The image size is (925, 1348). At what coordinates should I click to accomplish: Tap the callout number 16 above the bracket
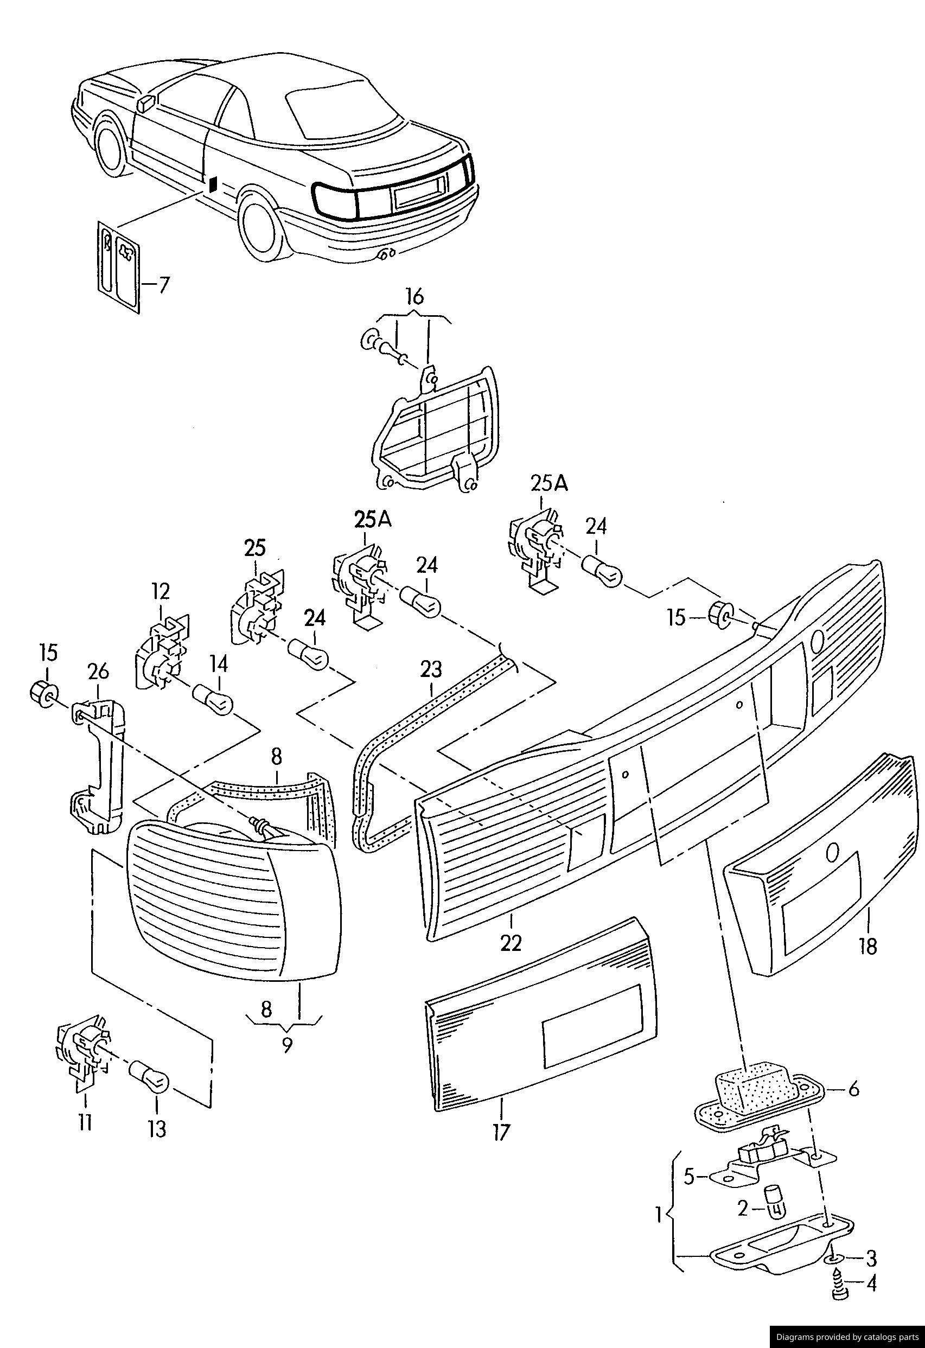[414, 296]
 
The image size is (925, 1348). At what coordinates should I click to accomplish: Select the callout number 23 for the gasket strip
[431, 669]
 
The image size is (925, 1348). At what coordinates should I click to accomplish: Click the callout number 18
[869, 947]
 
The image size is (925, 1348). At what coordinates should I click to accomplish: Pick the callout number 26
[98, 672]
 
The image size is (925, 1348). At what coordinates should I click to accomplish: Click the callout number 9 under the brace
[286, 1045]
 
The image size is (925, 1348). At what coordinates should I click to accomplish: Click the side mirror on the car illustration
[145, 103]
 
